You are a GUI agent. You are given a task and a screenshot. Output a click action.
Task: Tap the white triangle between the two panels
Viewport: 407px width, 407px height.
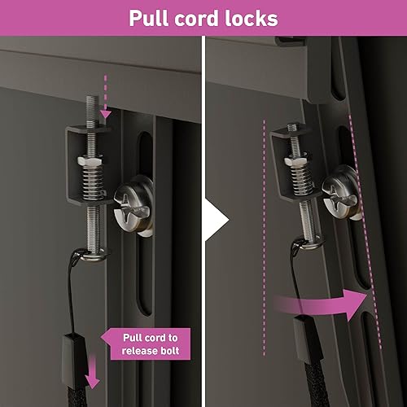point(214,218)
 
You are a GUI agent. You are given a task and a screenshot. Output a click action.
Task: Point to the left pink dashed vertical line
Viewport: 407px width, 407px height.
point(265,236)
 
